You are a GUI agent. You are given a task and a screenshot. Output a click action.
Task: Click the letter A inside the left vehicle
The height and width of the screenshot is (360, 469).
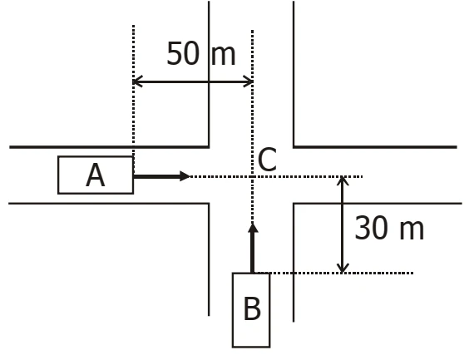click(x=96, y=175)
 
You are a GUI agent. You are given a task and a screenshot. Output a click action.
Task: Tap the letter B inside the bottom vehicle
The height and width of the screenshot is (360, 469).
click(x=252, y=308)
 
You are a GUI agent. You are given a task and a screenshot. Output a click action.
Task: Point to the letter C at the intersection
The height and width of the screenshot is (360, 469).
click(x=267, y=160)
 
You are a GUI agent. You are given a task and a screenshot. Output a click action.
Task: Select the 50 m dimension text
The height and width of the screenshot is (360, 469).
click(x=201, y=53)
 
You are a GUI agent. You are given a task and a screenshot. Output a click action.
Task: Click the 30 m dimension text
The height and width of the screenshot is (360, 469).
click(x=389, y=228)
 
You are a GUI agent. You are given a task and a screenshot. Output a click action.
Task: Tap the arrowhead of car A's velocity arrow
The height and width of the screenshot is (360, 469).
click(x=185, y=176)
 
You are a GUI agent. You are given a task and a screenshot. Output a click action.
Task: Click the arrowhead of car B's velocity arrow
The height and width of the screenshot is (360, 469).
click(x=253, y=228)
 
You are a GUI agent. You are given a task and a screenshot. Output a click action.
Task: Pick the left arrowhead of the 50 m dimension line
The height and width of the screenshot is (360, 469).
click(x=137, y=81)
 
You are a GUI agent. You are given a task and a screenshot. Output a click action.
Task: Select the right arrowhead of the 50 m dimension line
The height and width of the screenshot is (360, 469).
click(x=249, y=81)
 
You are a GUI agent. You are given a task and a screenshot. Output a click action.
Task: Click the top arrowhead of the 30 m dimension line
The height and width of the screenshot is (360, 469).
click(x=343, y=180)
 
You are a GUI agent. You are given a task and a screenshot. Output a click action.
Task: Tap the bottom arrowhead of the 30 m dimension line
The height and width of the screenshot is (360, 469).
click(x=343, y=269)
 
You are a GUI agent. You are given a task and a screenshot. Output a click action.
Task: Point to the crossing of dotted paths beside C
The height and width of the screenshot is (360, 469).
click(x=253, y=177)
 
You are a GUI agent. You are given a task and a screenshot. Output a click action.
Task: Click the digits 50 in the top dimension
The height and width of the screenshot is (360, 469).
click(x=183, y=53)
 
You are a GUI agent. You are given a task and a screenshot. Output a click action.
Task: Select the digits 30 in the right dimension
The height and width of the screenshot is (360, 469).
click(x=371, y=228)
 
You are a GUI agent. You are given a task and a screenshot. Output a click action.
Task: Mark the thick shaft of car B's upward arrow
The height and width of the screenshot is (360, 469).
click(x=253, y=253)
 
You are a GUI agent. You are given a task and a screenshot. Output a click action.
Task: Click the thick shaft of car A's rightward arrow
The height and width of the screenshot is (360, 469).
click(x=156, y=176)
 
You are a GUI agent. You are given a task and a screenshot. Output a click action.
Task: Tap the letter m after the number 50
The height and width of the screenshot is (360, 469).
click(x=224, y=56)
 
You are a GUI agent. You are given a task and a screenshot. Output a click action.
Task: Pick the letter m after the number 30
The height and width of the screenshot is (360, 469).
click(x=412, y=230)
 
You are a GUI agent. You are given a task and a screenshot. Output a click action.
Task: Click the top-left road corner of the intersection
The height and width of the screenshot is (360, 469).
click(x=209, y=147)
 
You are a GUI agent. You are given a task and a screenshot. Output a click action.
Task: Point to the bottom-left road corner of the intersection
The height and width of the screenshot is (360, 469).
click(x=209, y=204)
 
